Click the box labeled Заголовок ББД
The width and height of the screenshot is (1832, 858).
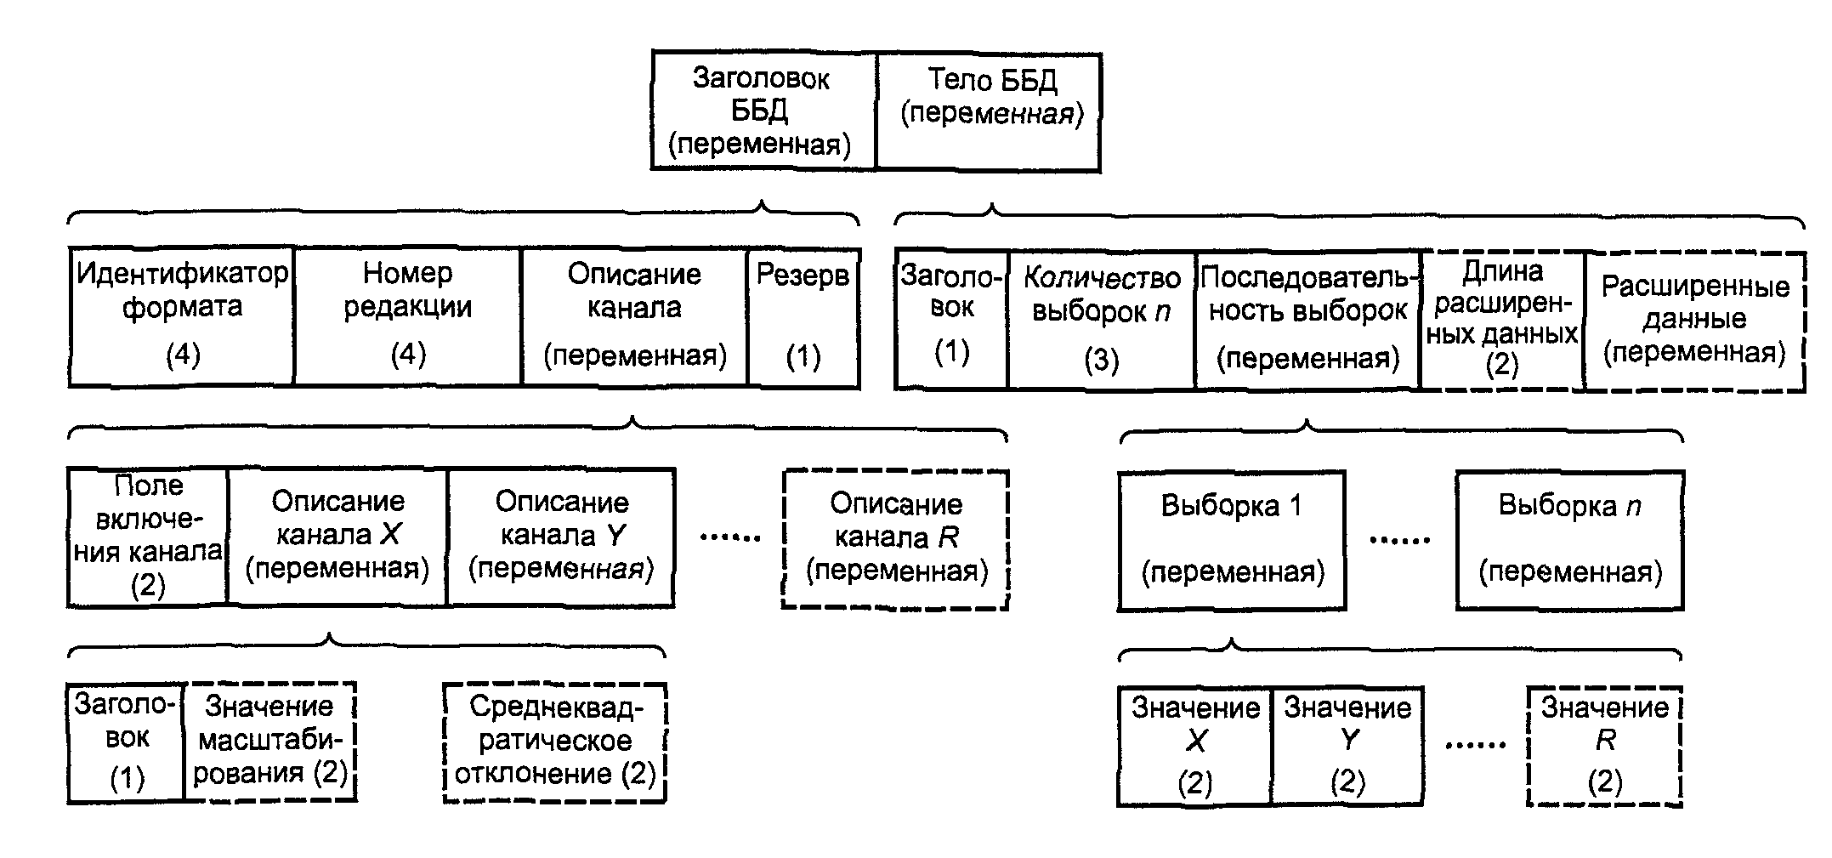(763, 111)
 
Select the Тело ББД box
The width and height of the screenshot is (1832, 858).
(989, 111)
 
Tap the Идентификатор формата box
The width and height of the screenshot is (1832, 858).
(182, 317)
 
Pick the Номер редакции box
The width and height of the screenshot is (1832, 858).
(408, 317)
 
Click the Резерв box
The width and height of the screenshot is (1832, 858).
(803, 317)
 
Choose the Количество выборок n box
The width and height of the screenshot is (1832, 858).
(1102, 320)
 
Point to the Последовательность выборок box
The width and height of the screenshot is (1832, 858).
(1307, 320)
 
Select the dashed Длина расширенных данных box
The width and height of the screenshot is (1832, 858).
(1503, 321)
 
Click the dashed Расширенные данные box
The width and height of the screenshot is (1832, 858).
(1695, 321)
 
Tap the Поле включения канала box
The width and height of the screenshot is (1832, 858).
(148, 537)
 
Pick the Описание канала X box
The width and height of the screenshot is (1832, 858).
(337, 537)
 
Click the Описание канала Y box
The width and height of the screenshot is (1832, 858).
(561, 537)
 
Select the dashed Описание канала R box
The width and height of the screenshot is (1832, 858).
(895, 539)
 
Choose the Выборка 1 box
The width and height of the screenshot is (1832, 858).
(1232, 541)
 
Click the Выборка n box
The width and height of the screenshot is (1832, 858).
(1570, 541)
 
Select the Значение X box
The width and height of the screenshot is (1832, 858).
(1195, 746)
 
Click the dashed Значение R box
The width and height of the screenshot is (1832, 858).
(1605, 746)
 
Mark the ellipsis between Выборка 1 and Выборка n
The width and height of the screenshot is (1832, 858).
(1400, 540)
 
